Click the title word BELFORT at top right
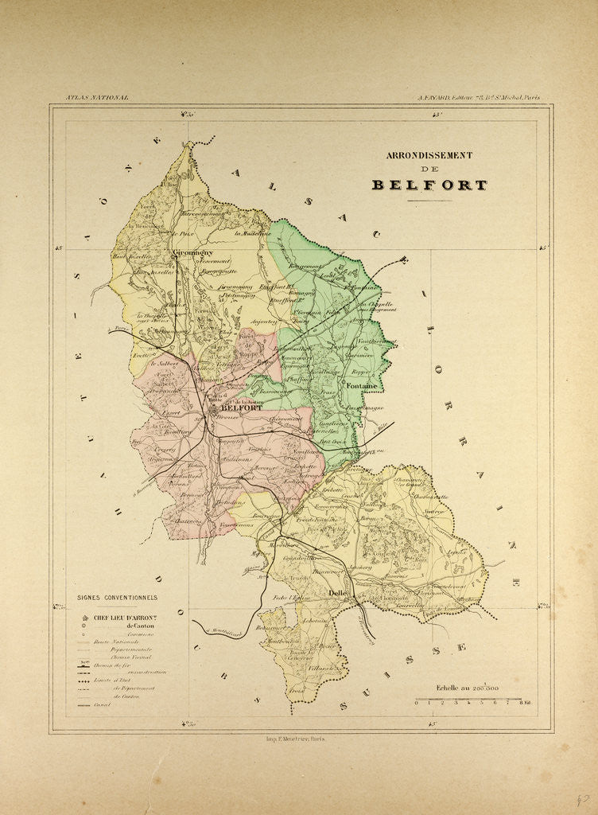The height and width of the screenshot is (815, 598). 429,185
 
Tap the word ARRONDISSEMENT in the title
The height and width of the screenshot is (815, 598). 429,155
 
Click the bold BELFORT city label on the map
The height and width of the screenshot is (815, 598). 240,407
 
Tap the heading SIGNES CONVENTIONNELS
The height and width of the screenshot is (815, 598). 117,598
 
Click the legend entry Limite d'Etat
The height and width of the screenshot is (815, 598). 114,679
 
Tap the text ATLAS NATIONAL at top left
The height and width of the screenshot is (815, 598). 97,98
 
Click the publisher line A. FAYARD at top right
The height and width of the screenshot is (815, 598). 479,98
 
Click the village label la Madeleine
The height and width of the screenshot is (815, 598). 253,233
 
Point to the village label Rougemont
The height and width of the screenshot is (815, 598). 303,266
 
